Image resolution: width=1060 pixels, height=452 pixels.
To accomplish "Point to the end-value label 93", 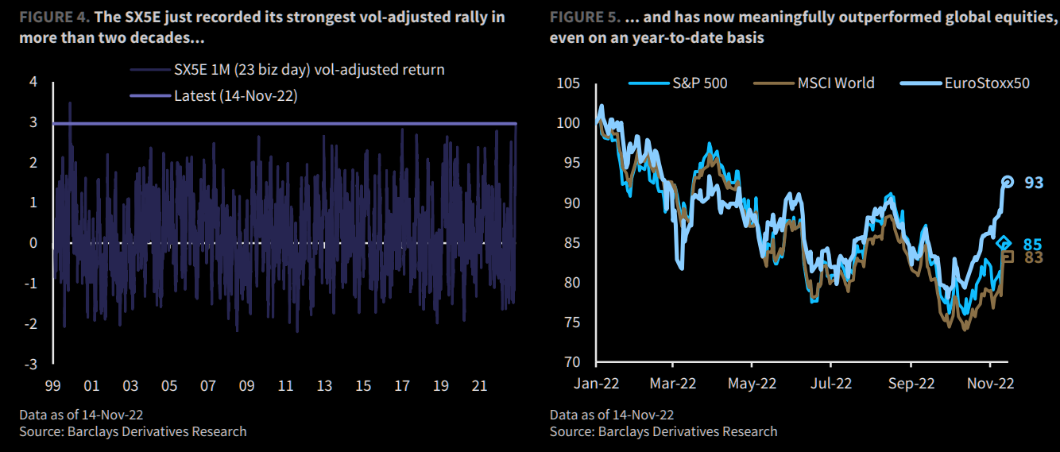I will point(1033,183).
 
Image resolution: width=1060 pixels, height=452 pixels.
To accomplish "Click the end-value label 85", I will point(1033,244).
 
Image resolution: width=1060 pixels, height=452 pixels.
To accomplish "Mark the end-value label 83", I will point(1033,257).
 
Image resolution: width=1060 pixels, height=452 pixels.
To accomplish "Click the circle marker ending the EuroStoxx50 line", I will point(1008,182).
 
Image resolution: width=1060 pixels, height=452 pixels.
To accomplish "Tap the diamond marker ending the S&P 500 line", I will point(1004,243).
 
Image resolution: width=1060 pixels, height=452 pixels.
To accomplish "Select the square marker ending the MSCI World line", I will point(1008,256).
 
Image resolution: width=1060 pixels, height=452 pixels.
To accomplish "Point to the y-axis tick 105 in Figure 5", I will point(568,83).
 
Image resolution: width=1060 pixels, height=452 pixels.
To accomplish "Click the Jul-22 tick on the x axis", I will point(831,383).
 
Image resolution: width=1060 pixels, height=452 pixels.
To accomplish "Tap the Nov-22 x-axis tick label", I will point(990,383).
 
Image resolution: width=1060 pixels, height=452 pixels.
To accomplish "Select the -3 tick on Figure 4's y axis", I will point(32,364).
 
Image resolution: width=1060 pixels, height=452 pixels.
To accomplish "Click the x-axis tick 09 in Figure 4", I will point(246,385).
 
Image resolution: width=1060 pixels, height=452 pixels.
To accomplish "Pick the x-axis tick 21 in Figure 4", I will point(479,385).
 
